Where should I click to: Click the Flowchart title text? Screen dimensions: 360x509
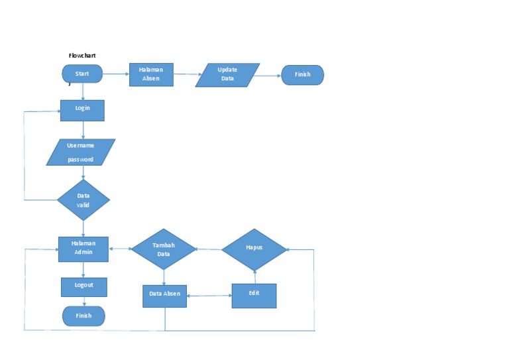click(82, 56)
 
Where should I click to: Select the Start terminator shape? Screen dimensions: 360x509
click(82, 74)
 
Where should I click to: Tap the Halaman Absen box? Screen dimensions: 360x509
click(151, 74)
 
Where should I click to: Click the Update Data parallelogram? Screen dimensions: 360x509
click(227, 75)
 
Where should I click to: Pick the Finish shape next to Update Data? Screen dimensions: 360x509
click(302, 75)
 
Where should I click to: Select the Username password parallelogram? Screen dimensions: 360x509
click(81, 152)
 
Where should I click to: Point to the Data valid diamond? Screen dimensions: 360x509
click(83, 200)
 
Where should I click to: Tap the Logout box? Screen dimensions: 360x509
click(84, 286)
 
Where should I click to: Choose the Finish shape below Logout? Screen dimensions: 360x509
click(84, 316)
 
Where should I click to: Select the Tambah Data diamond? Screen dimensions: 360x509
click(164, 249)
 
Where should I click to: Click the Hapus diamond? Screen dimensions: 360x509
click(254, 249)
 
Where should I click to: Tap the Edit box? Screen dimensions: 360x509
click(253, 295)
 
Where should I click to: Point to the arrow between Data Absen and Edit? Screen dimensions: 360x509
click(209, 296)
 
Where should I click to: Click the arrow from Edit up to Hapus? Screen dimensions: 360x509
click(254, 276)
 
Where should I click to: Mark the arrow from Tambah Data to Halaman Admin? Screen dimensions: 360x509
click(120, 249)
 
